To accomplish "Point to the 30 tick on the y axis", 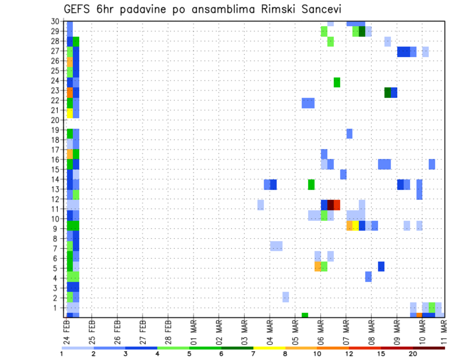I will click(55, 21).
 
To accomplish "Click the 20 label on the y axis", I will click(55, 120).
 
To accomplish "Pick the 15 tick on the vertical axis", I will click(55, 169).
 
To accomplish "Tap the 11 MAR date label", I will click(445, 331).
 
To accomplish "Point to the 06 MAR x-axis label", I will click(320, 331).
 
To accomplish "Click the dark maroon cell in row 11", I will click(331, 205).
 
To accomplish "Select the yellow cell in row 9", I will click(356, 226).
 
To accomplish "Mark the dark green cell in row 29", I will click(362, 32).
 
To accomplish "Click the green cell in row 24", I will click(337, 82).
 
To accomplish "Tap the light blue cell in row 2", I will click(286, 297).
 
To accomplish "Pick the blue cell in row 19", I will click(349, 133).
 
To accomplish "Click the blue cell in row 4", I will click(368, 277).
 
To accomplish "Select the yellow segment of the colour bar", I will click(269, 348).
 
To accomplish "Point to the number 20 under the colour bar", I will click(413, 354).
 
